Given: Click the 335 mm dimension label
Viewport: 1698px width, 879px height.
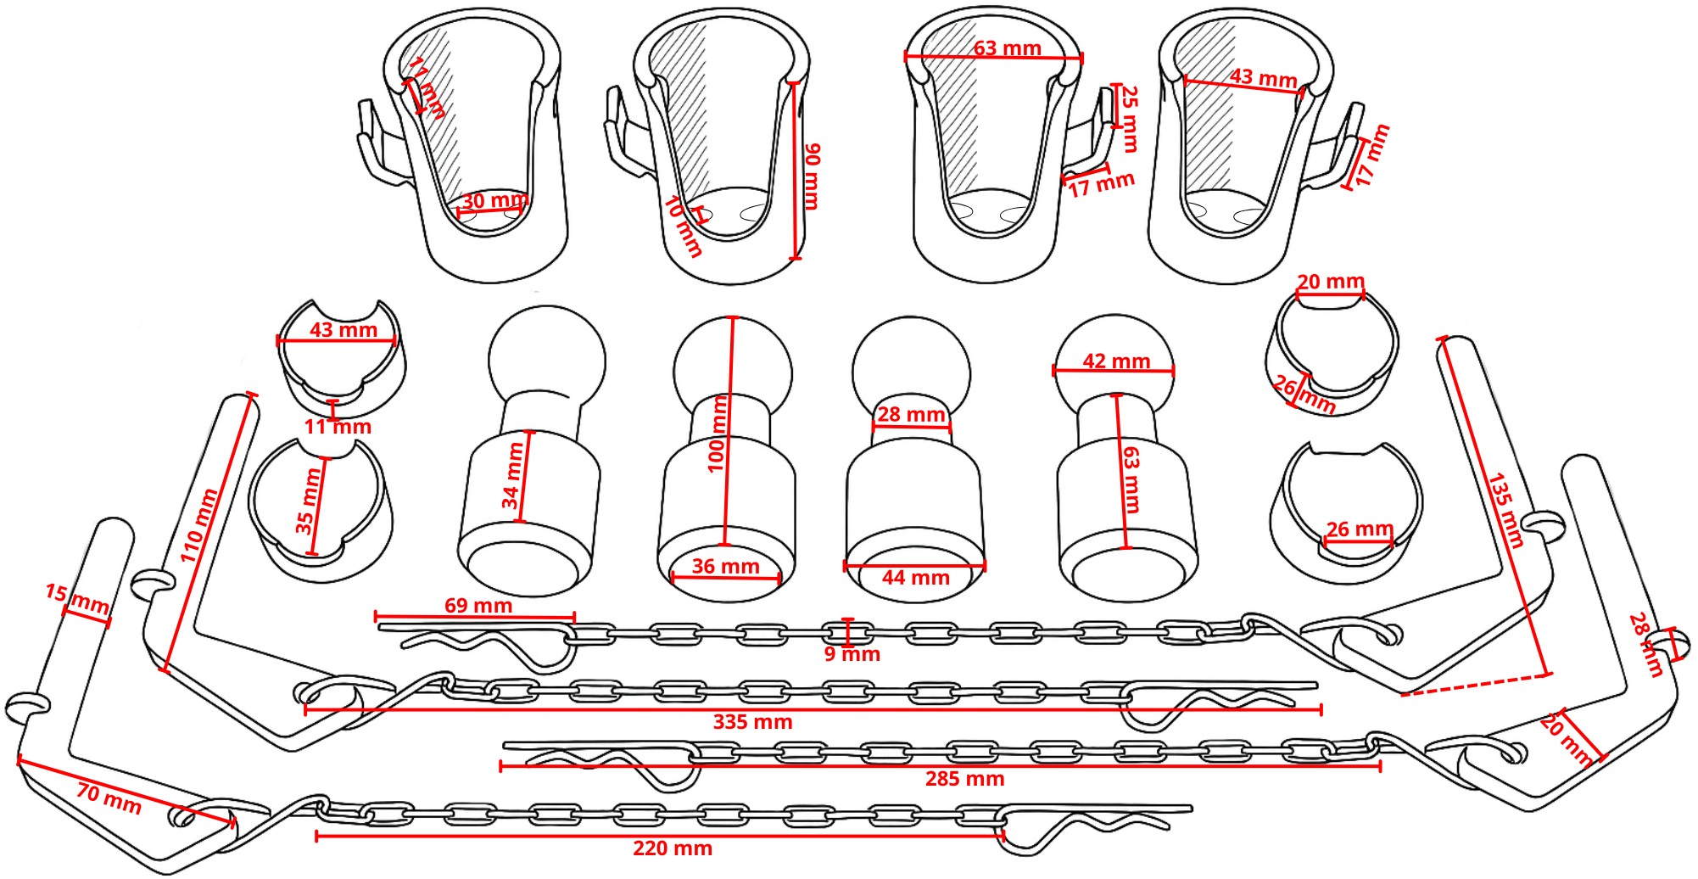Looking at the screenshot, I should pyautogui.click(x=752, y=722).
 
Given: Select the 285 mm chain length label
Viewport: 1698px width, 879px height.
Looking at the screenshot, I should pyautogui.click(x=964, y=779).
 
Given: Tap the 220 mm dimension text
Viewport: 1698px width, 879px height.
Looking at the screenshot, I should pyautogui.click(x=672, y=848).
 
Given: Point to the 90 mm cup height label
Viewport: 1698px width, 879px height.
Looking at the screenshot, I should pyautogui.click(x=812, y=176).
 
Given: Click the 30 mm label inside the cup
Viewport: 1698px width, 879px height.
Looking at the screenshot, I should pyautogui.click(x=494, y=201).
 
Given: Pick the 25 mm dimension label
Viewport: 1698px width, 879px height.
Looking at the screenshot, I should pyautogui.click(x=1130, y=118).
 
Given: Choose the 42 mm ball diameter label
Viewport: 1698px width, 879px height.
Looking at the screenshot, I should pyautogui.click(x=1115, y=361).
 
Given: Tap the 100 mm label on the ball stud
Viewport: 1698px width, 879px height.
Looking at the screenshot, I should pyautogui.click(x=718, y=434).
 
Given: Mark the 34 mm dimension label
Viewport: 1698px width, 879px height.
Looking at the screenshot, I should pyautogui.click(x=513, y=475).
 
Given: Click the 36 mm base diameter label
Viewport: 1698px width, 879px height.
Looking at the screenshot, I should pyautogui.click(x=725, y=566).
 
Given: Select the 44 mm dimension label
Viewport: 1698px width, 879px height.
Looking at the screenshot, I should pyautogui.click(x=915, y=578).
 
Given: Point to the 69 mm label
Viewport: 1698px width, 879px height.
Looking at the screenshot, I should pyautogui.click(x=478, y=605).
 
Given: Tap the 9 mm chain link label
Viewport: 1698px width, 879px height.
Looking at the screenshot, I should pyautogui.click(x=852, y=654).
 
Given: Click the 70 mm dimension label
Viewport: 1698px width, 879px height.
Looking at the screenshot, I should pyautogui.click(x=109, y=798).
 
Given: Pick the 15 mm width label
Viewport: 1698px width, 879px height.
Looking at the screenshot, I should pyautogui.click(x=77, y=599).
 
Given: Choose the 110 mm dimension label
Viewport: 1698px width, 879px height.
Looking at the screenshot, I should pyautogui.click(x=198, y=525).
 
